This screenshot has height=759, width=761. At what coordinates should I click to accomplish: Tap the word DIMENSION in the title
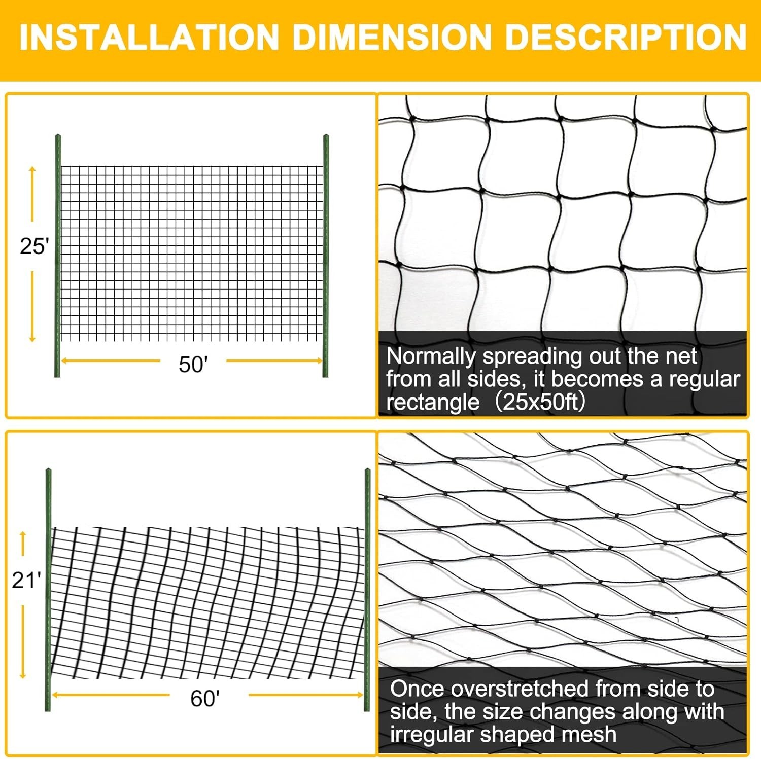392,37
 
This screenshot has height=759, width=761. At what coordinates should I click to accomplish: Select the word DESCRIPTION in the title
626,37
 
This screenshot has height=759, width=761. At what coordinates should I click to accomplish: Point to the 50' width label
193,364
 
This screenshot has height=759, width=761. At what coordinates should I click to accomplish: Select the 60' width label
205,699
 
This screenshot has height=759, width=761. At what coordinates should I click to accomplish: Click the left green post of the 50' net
57,256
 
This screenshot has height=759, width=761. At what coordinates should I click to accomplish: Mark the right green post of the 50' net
326,256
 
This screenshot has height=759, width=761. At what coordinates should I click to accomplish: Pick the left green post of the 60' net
48,591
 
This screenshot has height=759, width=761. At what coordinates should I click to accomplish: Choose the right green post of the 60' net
367,591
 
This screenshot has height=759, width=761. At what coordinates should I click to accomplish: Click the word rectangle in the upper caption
432,402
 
